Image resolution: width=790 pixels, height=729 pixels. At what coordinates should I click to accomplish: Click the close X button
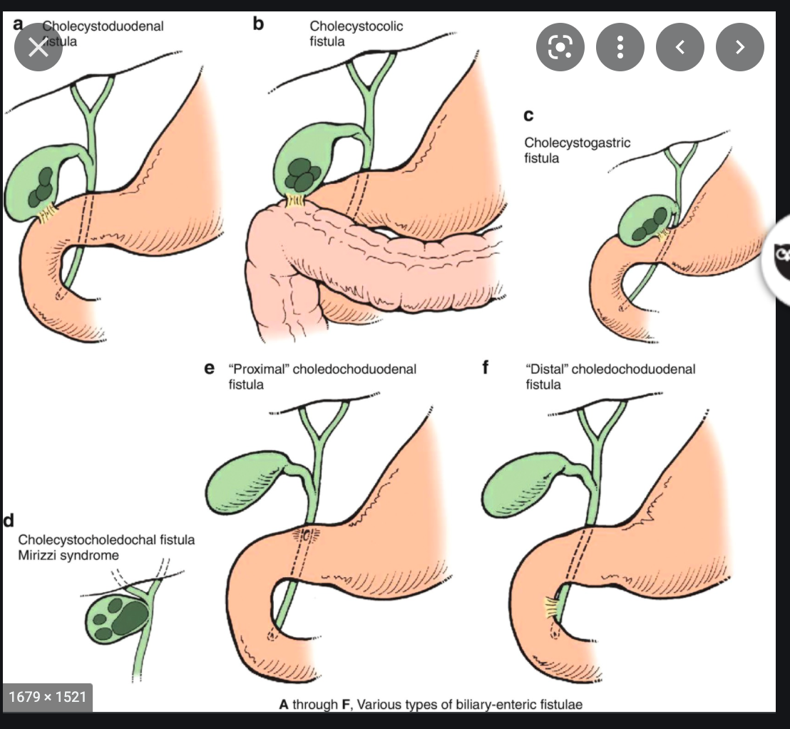38,47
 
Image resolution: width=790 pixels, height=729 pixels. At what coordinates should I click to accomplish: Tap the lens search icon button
560,47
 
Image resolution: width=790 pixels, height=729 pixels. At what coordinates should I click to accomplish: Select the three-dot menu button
620,47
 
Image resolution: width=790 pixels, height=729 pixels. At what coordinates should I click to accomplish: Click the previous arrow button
679,47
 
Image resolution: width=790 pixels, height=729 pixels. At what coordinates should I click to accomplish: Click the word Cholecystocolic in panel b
356,26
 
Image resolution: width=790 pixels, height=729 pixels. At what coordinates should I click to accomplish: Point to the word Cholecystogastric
578,143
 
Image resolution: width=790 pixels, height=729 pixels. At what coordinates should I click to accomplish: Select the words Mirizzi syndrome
69,555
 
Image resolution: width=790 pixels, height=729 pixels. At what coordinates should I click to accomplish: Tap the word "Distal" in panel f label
546,369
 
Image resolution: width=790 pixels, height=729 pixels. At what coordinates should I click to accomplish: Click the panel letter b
258,24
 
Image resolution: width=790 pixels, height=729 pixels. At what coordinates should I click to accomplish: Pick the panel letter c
528,115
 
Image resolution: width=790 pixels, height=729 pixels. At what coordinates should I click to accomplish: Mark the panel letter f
486,369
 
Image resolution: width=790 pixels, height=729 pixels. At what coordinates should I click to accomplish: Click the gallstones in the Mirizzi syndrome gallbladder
127,617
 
